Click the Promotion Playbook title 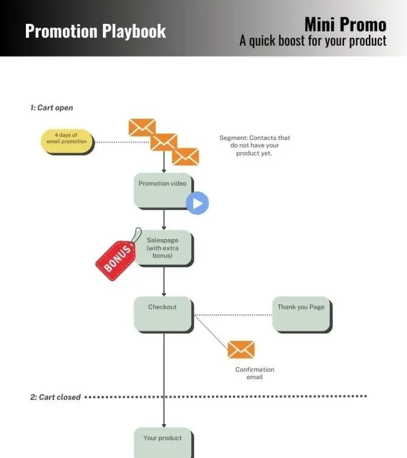[x=95, y=31]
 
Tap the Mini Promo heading [x=345, y=24]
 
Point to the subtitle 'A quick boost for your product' [x=313, y=40]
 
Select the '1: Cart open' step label [x=51, y=108]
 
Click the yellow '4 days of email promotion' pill [x=67, y=139]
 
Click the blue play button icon [x=197, y=204]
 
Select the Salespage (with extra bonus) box [x=163, y=248]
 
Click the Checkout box [x=163, y=313]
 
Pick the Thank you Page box [x=301, y=314]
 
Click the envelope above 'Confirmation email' [x=241, y=350]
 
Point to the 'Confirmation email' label [x=254, y=373]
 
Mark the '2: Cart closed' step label [x=55, y=397]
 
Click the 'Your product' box [x=163, y=442]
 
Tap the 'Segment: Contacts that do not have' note [x=254, y=146]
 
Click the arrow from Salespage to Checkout [x=164, y=281]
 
